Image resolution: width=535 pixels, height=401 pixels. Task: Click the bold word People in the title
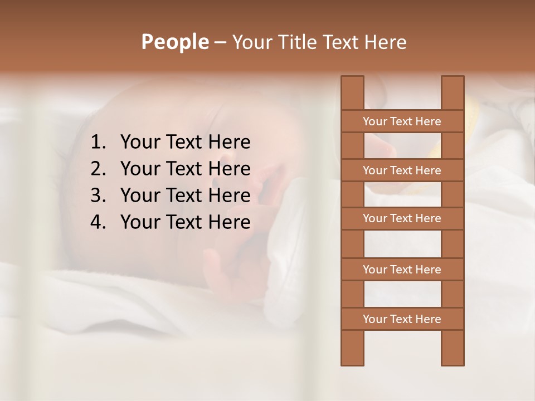pyautogui.click(x=174, y=42)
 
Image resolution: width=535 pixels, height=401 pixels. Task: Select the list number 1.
pyautogui.click(x=98, y=143)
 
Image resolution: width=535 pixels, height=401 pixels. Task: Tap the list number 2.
pyautogui.click(x=98, y=169)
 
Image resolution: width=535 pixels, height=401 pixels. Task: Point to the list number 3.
pyautogui.click(x=98, y=195)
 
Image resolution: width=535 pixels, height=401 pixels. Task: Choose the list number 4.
pyautogui.click(x=98, y=222)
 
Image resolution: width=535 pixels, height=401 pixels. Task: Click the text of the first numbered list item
pyautogui.click(x=185, y=143)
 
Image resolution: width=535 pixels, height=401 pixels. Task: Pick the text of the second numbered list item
pyautogui.click(x=185, y=169)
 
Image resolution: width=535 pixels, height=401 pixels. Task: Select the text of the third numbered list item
pyautogui.click(x=185, y=195)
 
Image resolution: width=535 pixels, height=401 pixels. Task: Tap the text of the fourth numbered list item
pyautogui.click(x=185, y=222)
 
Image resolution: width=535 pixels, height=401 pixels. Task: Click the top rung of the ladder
pyautogui.click(x=402, y=121)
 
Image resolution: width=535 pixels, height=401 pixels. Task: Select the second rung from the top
pyautogui.click(x=402, y=170)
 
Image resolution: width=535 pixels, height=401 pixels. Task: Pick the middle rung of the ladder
pyautogui.click(x=402, y=219)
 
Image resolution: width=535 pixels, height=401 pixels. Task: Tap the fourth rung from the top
pyautogui.click(x=402, y=270)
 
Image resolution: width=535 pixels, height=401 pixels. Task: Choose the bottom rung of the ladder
pyautogui.click(x=402, y=319)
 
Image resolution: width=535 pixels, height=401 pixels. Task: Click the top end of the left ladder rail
pyautogui.click(x=352, y=81)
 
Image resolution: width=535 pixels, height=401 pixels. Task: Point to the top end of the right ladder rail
pyautogui.click(x=453, y=81)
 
